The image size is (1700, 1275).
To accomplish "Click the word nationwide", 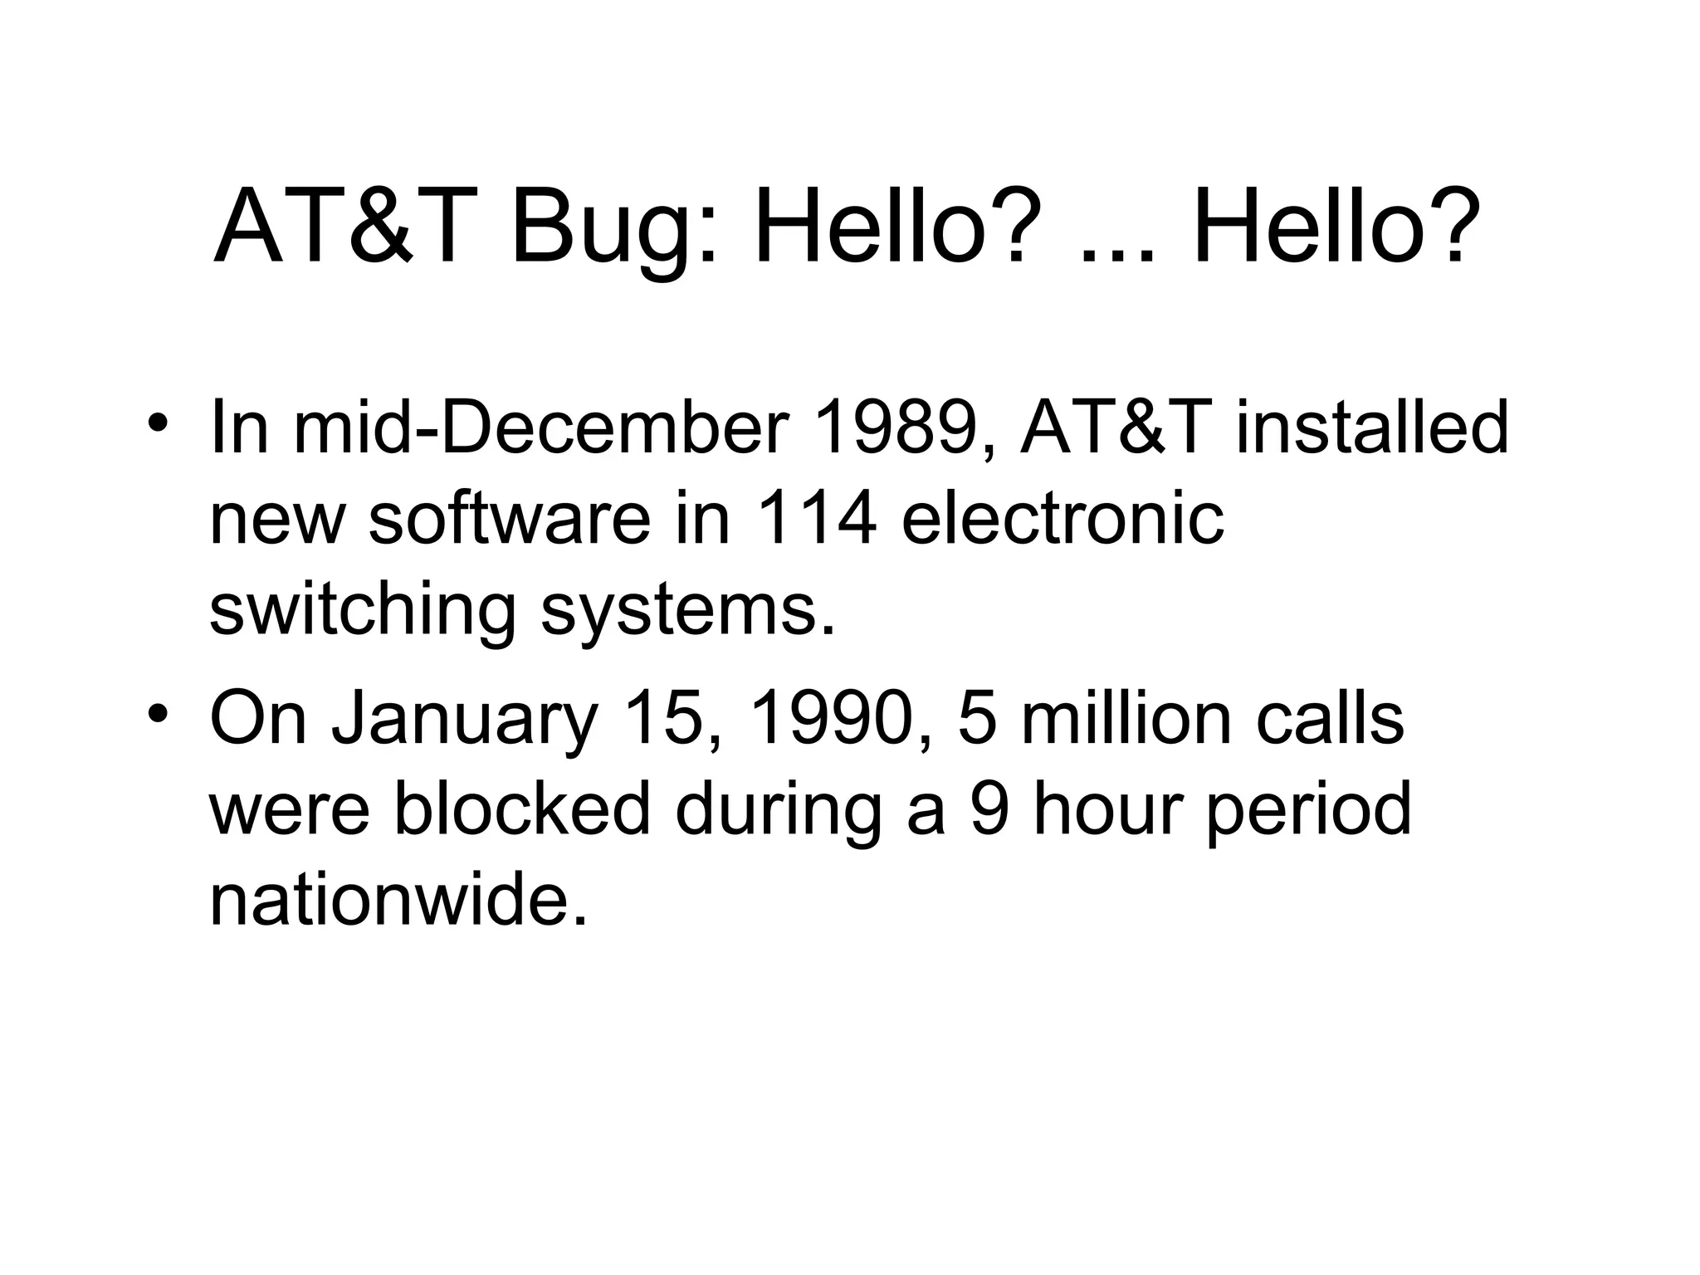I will click(x=398, y=900).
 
